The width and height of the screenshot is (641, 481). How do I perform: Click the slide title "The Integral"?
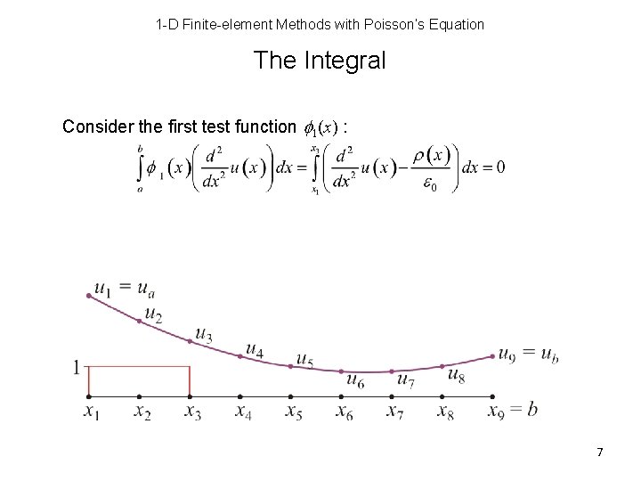320,61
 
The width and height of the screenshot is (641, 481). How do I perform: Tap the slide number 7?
600,452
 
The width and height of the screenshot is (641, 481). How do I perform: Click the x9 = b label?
513,411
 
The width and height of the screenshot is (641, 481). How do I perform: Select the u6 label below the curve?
354,381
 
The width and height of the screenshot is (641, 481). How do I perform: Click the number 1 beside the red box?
78,367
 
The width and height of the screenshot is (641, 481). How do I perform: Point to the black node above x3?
191,395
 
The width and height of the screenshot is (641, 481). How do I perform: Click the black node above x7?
392,395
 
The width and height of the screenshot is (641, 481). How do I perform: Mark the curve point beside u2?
140,321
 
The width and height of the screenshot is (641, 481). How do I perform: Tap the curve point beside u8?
442,366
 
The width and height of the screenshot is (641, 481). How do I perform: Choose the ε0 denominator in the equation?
429,184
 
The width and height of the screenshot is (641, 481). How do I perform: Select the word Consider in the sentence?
93,126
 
